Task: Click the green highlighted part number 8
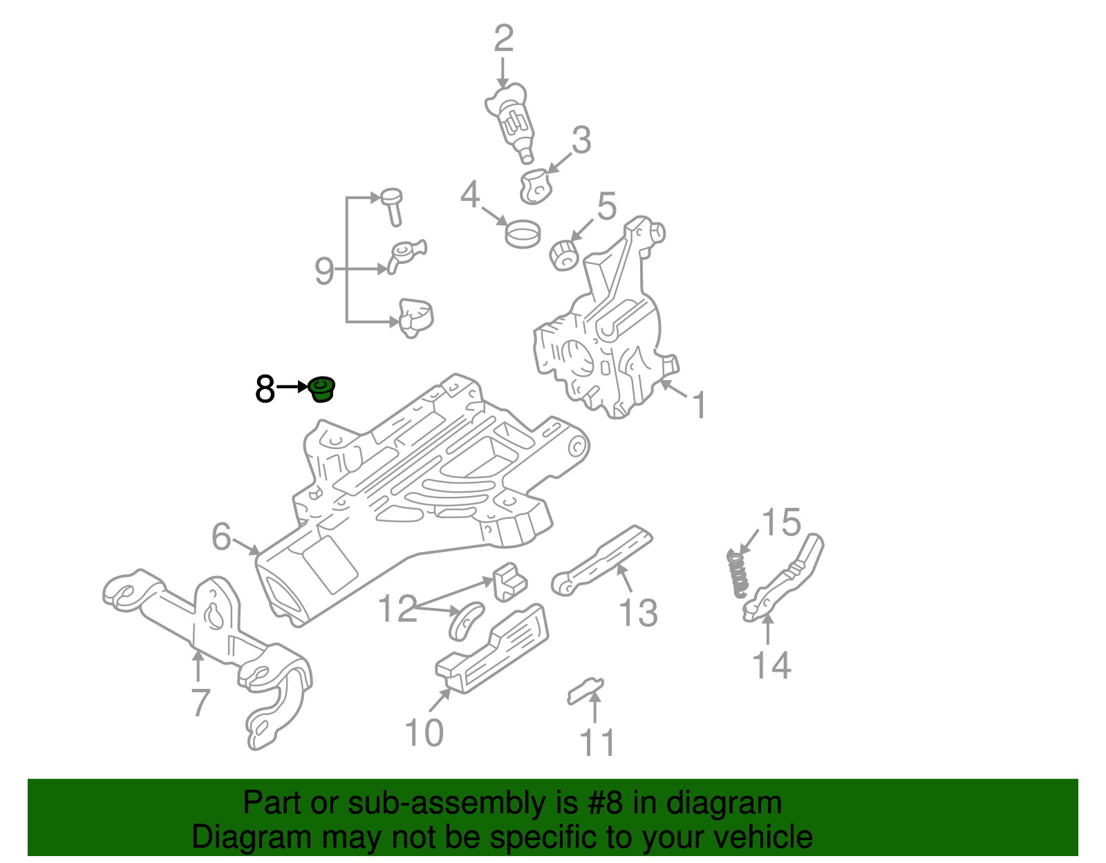point(321,389)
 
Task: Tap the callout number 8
point(265,390)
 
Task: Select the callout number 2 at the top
point(503,39)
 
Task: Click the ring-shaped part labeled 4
point(523,233)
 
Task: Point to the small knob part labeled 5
point(565,255)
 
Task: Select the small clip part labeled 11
point(585,690)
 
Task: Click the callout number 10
point(423,733)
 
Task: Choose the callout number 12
point(397,609)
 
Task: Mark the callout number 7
point(199,703)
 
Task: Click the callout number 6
point(221,537)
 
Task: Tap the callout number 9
point(324,271)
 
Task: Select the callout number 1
point(699,405)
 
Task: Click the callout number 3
point(581,140)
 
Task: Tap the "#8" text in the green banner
point(606,804)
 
